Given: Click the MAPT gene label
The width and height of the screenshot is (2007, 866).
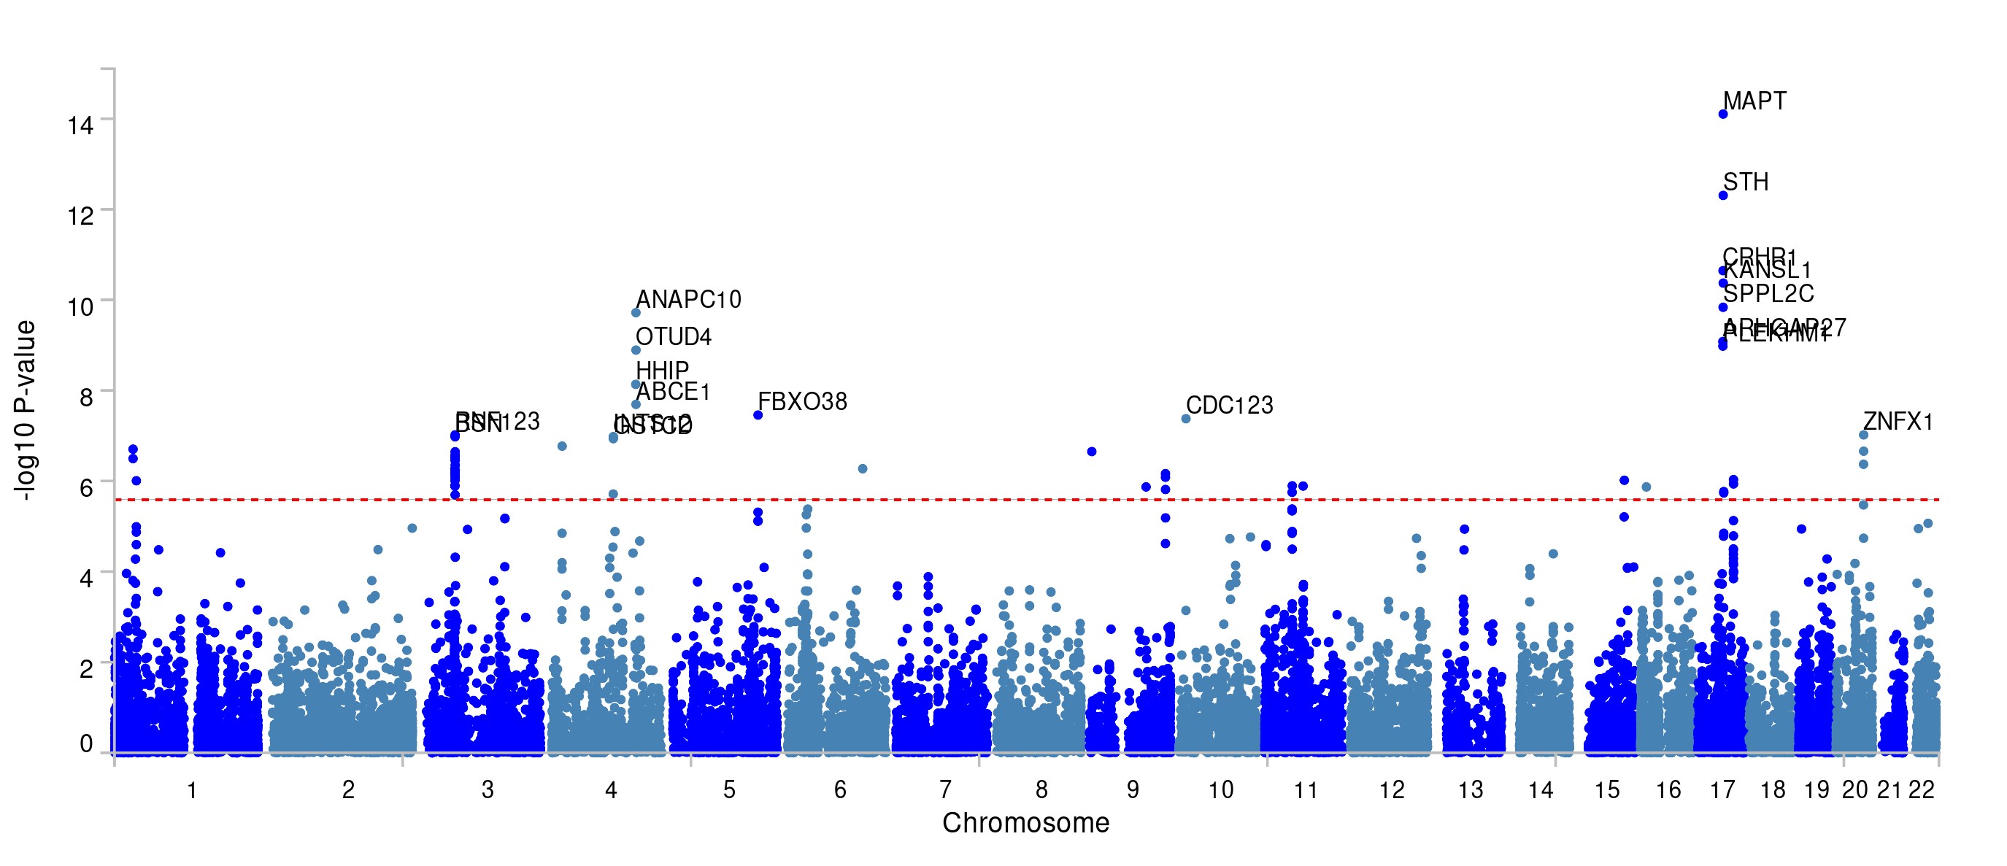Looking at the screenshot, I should click(1754, 101).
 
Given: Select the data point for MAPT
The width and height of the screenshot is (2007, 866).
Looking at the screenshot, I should click(1722, 115).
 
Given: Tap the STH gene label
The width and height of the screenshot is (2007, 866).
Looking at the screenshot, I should click(1745, 182).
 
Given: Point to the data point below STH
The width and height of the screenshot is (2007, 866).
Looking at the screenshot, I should click(1722, 196).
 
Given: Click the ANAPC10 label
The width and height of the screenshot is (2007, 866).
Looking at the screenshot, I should click(688, 300).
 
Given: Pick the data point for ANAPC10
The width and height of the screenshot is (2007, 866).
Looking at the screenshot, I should click(636, 313).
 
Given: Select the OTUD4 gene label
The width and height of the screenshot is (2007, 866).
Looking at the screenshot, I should click(673, 337).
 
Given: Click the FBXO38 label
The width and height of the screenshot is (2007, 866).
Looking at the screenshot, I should click(803, 402).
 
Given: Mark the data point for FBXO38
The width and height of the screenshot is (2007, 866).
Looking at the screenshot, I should click(758, 415).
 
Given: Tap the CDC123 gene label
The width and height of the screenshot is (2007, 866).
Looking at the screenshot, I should click(1230, 406).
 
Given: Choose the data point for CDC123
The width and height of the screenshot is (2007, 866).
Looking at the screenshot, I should click(1186, 419).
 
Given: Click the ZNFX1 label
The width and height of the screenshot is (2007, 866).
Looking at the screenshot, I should click(1898, 422).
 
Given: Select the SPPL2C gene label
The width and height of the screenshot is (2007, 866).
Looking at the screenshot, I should click(1768, 294).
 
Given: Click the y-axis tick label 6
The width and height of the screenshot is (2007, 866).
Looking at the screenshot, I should click(85, 487).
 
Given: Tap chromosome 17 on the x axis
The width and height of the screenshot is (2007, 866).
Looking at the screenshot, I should click(1722, 790).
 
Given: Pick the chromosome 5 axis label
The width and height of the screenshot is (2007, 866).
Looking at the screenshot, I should click(729, 790).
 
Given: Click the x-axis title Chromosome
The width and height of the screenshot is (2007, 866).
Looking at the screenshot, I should click(1025, 823).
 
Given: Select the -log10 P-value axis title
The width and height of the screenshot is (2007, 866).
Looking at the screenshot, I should click(25, 411).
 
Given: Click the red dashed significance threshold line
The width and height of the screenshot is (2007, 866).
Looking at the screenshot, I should click(1013, 499).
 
